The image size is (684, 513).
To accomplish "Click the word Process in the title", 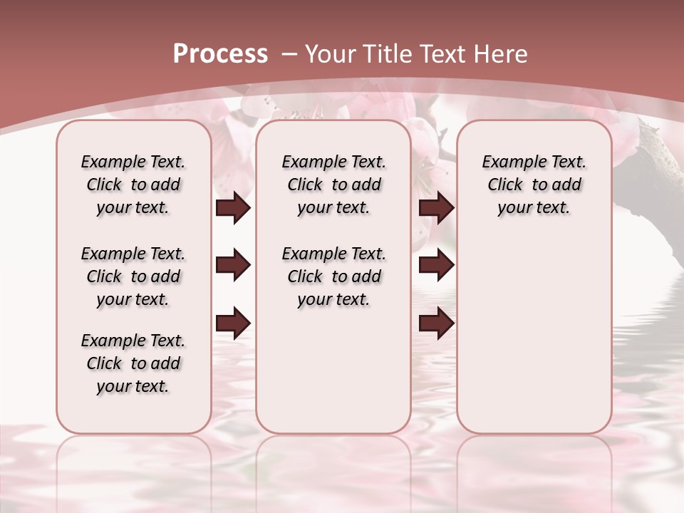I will coord(220,54).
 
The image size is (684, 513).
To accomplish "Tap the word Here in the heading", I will coord(502,54).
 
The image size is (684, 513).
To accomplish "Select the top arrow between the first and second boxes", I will coord(233,208).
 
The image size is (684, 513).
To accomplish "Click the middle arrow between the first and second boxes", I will coord(233,266).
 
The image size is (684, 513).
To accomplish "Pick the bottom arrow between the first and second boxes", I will coord(233,323).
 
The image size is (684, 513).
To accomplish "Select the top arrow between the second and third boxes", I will coord(436,208).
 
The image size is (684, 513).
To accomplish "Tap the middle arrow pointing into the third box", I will coord(436,266).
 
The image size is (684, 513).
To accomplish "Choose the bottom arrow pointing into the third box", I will coord(436,323).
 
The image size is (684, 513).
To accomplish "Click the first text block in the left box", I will coord(133,185).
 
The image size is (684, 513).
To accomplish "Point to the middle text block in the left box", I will coord(133,276).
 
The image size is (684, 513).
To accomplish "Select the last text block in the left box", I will coord(133,363).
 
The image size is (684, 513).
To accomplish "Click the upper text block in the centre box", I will coord(333,185).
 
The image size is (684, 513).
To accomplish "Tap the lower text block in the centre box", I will coord(333,276).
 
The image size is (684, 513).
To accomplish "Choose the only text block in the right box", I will coord(534,185).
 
